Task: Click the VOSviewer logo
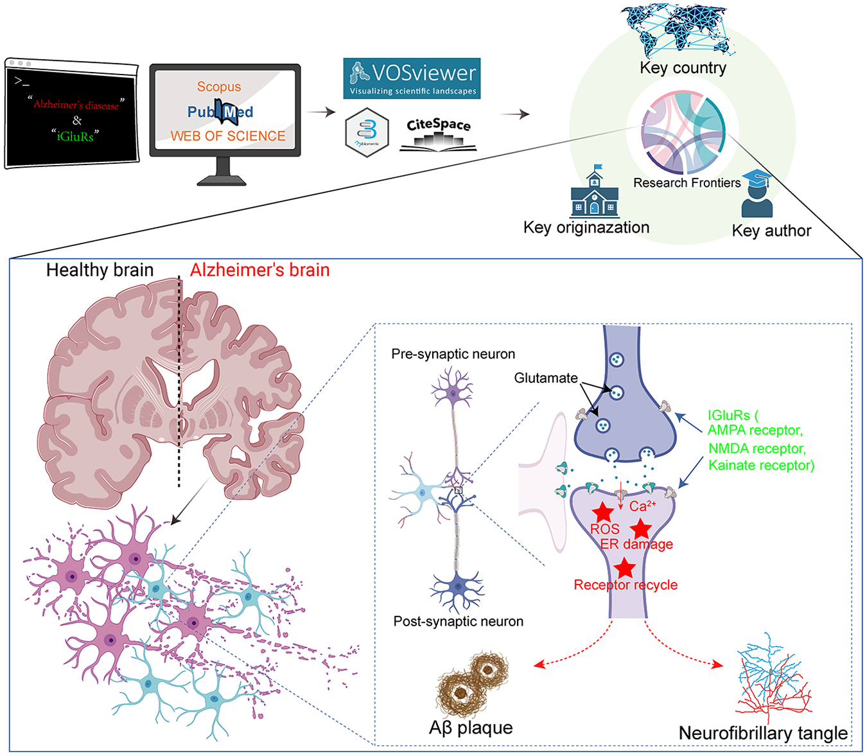[x=412, y=78]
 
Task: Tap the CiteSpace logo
[x=438, y=135]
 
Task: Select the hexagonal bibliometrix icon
[x=367, y=133]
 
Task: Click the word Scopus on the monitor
[x=218, y=87]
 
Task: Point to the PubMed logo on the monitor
[x=220, y=112]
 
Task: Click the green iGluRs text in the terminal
[x=75, y=136]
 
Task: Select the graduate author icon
[x=757, y=194]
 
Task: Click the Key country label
[x=683, y=68]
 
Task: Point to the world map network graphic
[x=677, y=31]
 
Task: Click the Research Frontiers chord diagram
[x=683, y=132]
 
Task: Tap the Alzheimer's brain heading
[x=259, y=270]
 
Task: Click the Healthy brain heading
[x=100, y=270]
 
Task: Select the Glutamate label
[x=546, y=378]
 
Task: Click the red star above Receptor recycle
[x=625, y=568]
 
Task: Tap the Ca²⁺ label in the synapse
[x=642, y=505]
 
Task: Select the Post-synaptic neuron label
[x=458, y=621]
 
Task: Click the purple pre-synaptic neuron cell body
[x=453, y=392]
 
